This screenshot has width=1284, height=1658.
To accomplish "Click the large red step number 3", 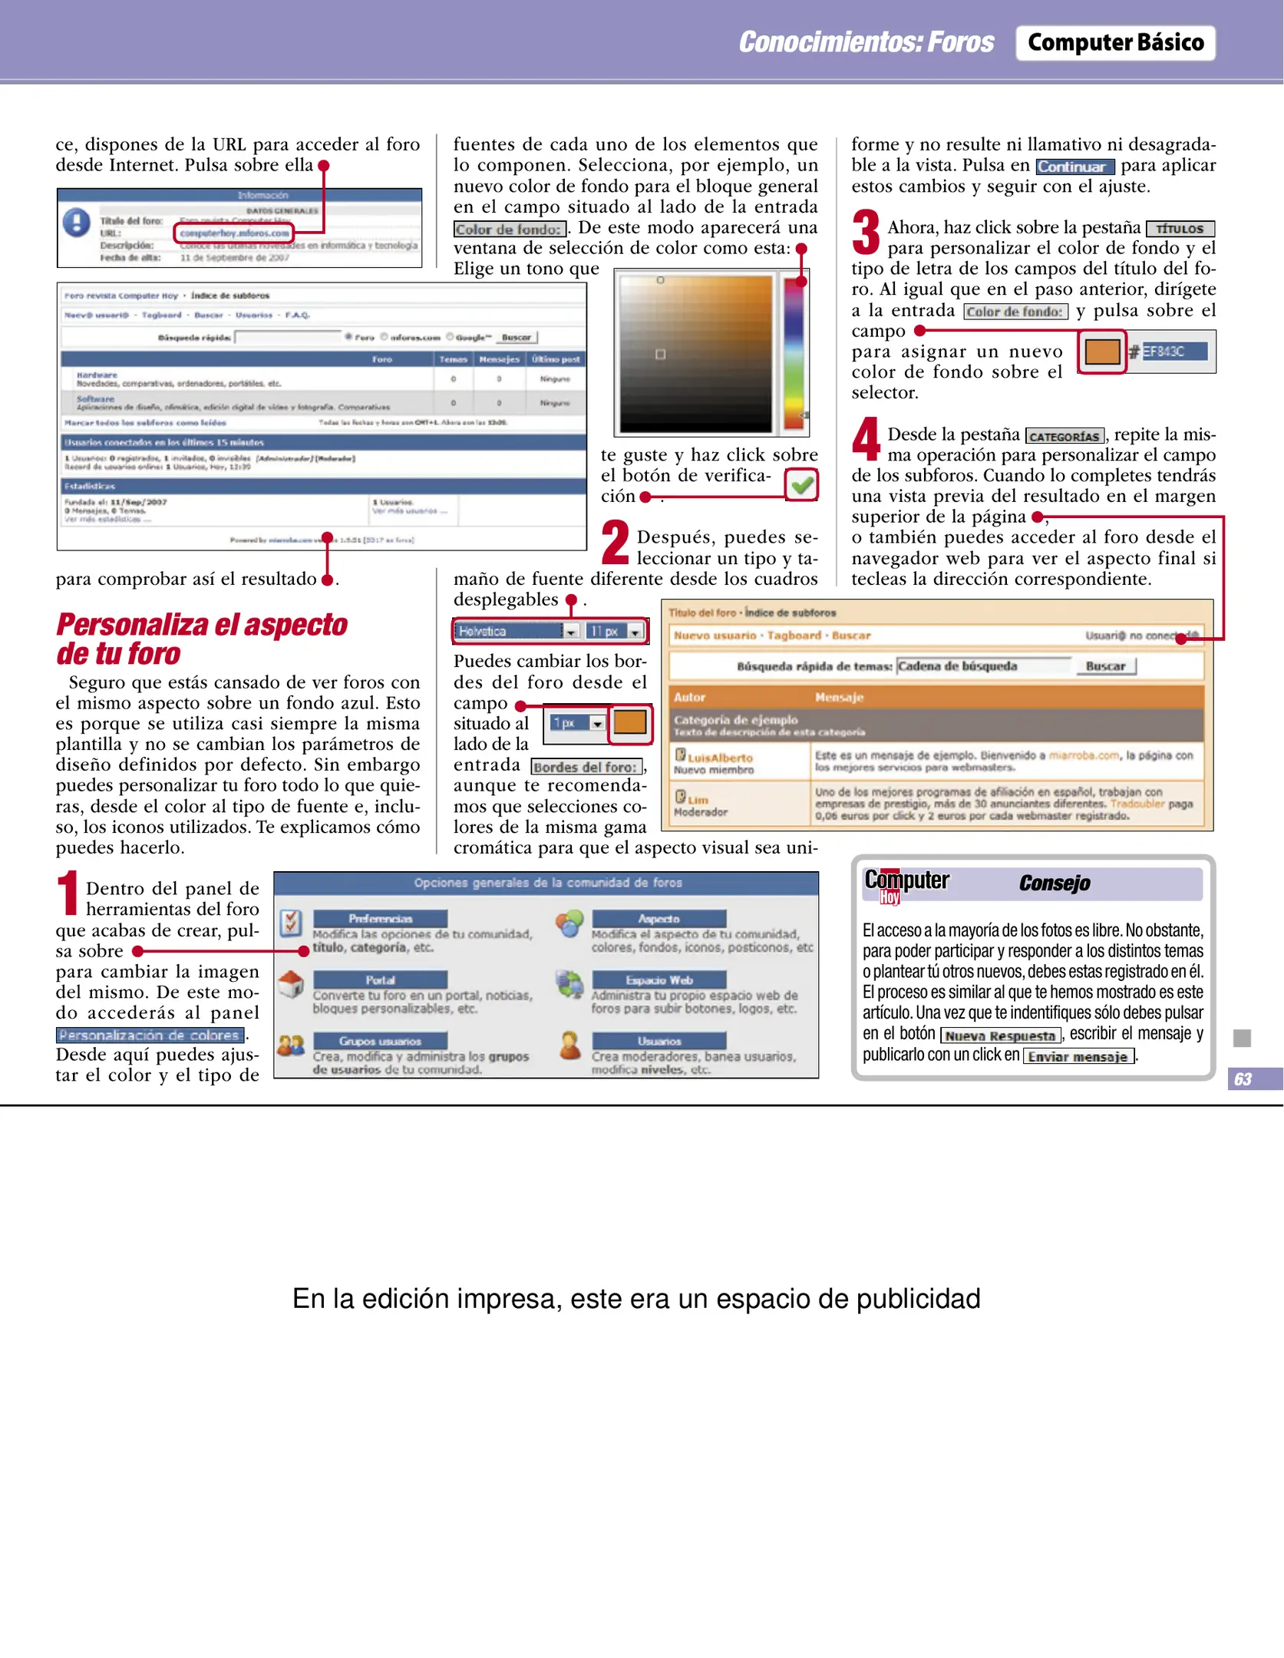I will (866, 233).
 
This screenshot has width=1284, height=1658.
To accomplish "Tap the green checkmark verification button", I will (801, 485).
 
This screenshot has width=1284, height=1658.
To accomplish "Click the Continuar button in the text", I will (1074, 167).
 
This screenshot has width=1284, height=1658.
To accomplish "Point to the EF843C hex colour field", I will (1173, 352).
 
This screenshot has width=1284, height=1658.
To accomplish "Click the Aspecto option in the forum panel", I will (659, 919).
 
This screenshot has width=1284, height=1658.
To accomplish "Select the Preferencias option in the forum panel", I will (380, 919).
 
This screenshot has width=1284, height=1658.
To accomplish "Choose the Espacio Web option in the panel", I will (659, 980).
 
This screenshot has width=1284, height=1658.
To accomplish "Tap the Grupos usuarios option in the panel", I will (380, 1042).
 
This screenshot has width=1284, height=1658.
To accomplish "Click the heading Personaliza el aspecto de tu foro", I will (201, 639).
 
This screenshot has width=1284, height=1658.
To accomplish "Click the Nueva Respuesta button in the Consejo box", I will (1000, 1035).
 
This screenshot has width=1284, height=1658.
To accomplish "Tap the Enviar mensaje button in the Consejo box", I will (1078, 1057).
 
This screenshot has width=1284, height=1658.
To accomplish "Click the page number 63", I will (1243, 1078).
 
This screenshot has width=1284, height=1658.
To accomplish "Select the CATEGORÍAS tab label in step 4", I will (1064, 436).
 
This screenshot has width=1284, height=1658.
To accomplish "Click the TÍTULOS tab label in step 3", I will (1180, 229).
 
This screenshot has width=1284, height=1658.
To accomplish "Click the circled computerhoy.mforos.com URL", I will (234, 233).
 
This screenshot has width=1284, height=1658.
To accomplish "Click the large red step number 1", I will (68, 893).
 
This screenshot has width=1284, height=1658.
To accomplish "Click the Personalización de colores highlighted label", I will (150, 1035).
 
